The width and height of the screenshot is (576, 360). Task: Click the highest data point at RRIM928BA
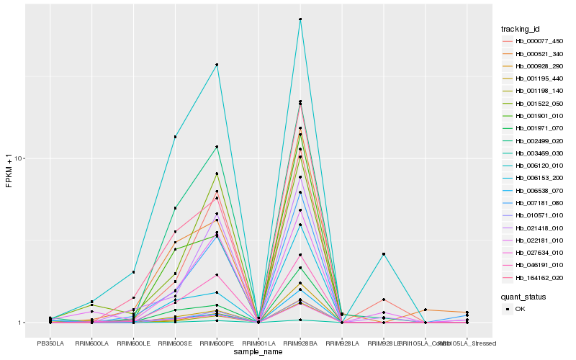(300, 19)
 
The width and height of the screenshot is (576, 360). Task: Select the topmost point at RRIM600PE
(217, 65)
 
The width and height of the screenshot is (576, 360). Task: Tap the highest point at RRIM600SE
(175, 137)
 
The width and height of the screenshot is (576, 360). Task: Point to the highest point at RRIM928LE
(384, 254)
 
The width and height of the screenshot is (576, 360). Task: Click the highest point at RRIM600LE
(133, 272)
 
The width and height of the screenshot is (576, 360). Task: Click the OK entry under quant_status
(520, 309)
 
